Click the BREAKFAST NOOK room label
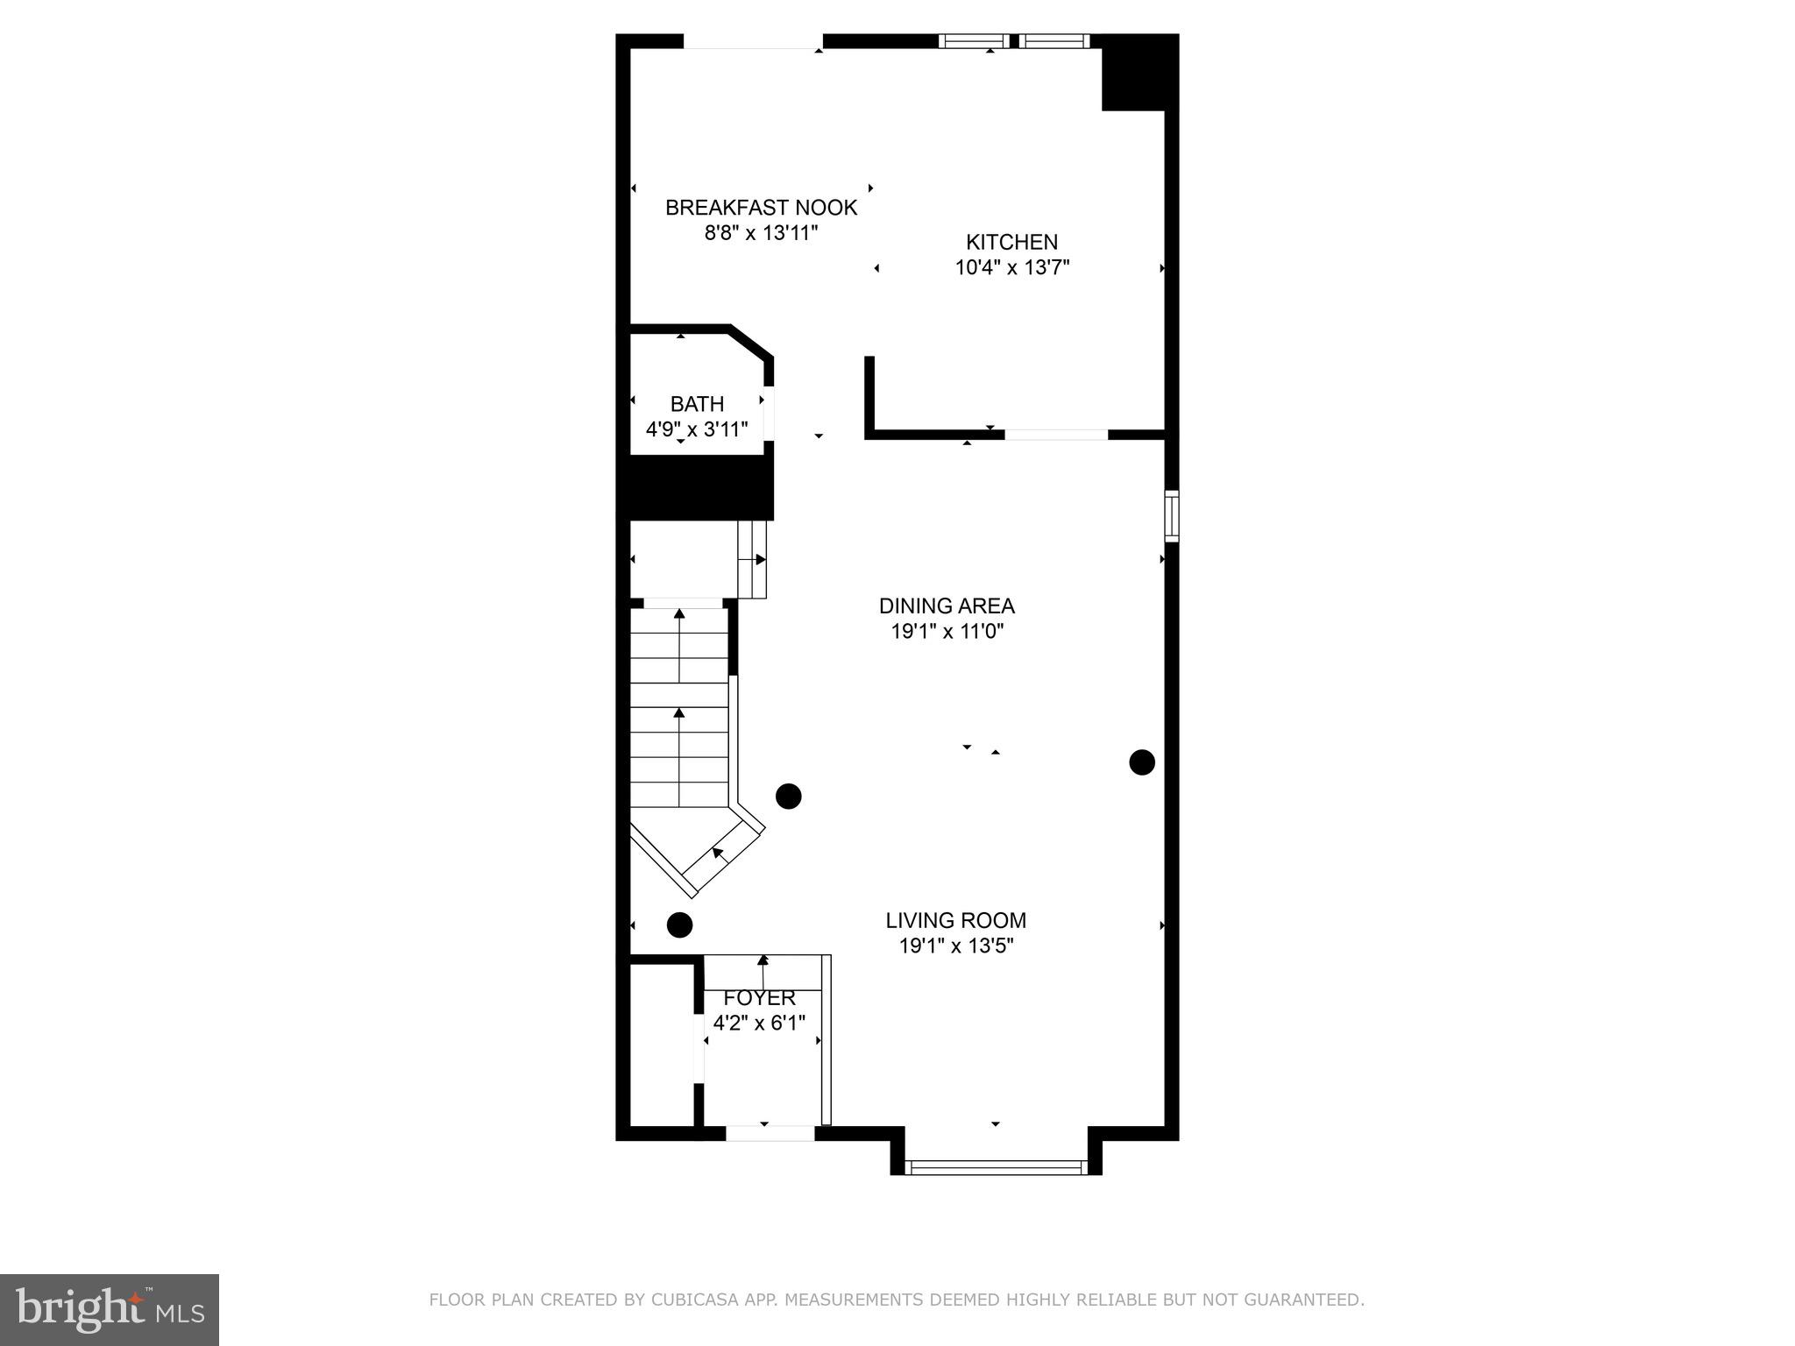point(761,208)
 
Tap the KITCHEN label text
point(1011,242)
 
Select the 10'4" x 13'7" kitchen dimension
point(1011,267)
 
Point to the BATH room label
point(697,404)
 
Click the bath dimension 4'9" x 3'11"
point(697,429)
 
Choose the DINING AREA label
point(947,606)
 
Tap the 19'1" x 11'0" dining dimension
point(947,631)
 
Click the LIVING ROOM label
point(955,920)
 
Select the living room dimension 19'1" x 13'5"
point(955,946)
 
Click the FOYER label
point(759,998)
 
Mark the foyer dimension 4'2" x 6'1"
point(759,1023)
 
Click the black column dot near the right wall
point(1141,762)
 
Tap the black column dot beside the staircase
point(789,796)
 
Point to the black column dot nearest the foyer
point(679,924)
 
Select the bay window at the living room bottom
point(996,1166)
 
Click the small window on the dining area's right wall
point(1171,515)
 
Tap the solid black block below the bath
point(699,487)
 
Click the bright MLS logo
point(109,1309)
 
